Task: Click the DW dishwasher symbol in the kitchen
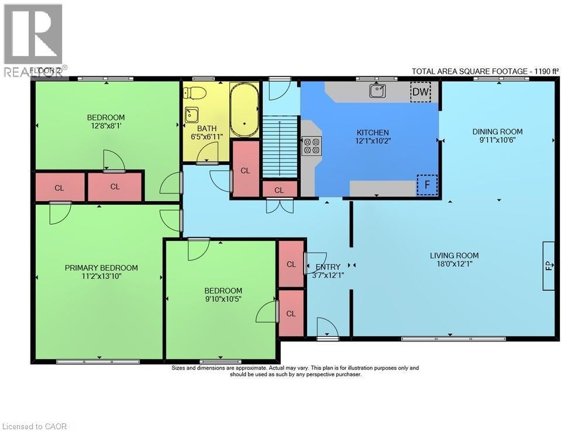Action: point(420,92)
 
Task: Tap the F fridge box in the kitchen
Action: point(427,185)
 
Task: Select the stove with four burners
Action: point(311,145)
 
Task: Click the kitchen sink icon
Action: point(376,91)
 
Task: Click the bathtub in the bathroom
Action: point(244,109)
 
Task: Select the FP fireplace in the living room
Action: point(549,266)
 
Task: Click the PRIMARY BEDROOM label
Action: point(101,268)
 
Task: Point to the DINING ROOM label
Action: point(497,132)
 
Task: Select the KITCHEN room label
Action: point(373,133)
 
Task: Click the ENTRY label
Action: point(328,267)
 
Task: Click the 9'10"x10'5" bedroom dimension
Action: point(223,299)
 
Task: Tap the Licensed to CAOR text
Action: point(35,426)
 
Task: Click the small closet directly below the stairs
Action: point(279,190)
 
